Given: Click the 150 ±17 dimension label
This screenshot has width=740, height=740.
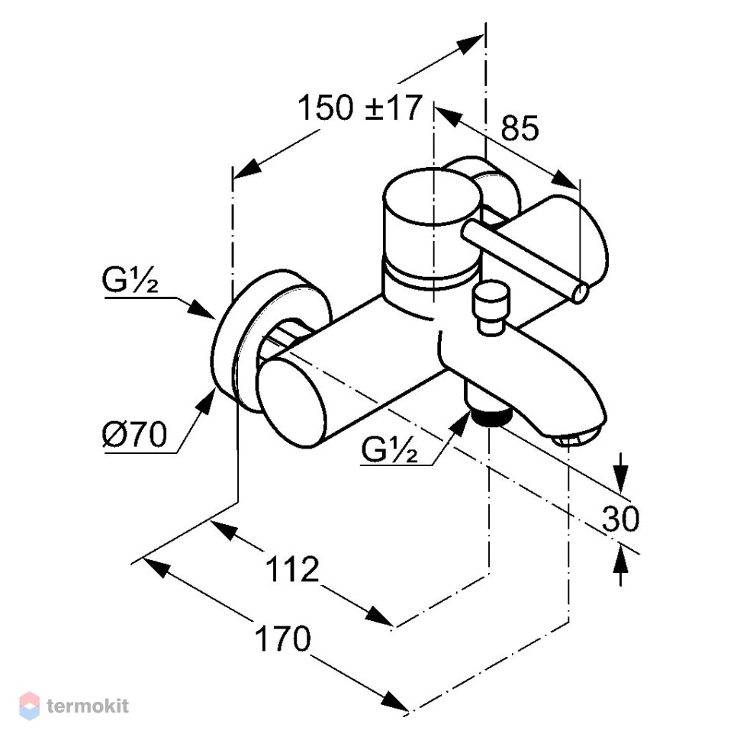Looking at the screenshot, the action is (359, 108).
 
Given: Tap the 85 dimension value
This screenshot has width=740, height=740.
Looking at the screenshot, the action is (520, 127).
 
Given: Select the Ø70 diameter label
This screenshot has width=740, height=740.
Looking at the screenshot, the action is (134, 434).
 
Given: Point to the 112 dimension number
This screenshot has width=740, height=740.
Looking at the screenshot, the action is (293, 569).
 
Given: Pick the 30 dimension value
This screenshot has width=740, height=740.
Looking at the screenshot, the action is (620, 518).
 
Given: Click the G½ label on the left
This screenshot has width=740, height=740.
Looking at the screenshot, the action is (130, 280).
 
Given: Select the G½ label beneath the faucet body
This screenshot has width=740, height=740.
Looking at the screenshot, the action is (389, 449).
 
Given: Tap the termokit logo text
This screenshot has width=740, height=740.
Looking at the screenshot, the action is (88, 706).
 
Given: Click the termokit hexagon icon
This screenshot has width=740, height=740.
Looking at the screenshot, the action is (29, 706).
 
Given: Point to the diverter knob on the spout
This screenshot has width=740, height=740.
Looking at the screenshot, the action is (492, 307).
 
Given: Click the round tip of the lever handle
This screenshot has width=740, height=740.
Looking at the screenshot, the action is (581, 293).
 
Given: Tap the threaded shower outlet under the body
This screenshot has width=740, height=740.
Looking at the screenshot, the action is (491, 415).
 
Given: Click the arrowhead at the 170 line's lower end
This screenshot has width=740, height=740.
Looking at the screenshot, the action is (395, 700).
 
